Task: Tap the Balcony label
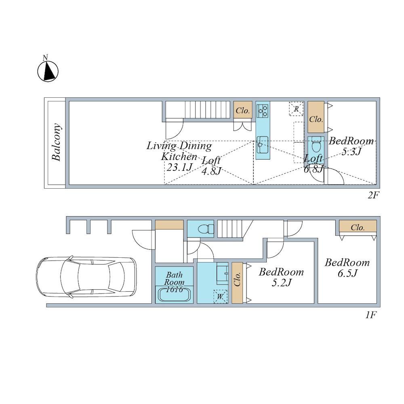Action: click(57, 142)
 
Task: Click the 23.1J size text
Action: click(180, 167)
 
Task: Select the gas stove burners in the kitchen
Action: click(263, 111)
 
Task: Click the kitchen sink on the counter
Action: click(263, 145)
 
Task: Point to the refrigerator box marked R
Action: click(296, 109)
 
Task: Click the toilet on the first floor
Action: click(205, 229)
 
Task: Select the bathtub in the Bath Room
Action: click(174, 294)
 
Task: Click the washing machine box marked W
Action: click(220, 297)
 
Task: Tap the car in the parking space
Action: click(86, 277)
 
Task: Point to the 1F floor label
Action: click(371, 315)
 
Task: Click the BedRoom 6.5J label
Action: click(347, 267)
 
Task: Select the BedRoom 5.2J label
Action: click(281, 277)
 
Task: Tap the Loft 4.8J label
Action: click(211, 165)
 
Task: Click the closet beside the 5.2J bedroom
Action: click(237, 283)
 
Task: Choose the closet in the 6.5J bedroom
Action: click(358, 226)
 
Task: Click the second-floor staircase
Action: click(198, 110)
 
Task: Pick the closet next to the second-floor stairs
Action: click(243, 110)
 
